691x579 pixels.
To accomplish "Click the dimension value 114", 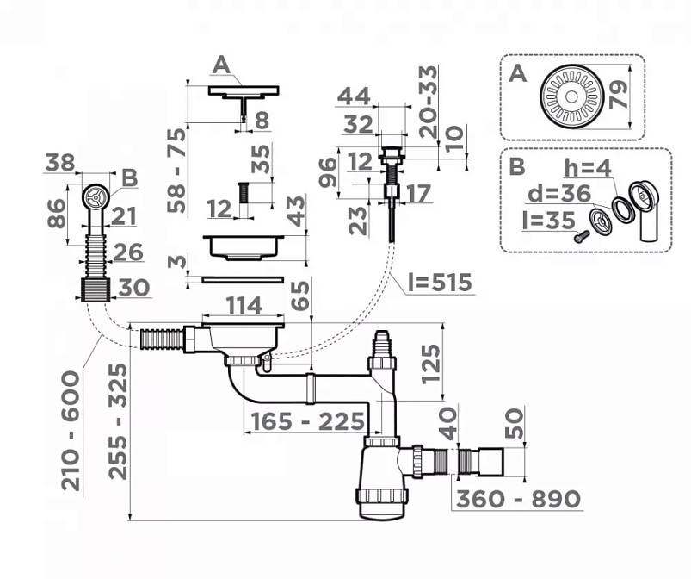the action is pyautogui.click(x=244, y=305).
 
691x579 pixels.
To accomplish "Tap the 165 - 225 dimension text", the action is pyautogui.click(x=307, y=421).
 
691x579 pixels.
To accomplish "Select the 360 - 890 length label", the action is pyautogui.click(x=518, y=499).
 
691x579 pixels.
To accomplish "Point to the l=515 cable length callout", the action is pyautogui.click(x=440, y=282).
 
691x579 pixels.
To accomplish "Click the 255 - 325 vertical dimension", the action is pyautogui.click(x=118, y=421).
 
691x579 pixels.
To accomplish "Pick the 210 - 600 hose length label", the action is pyautogui.click(x=71, y=431).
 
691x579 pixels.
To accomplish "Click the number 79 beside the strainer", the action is pyautogui.click(x=619, y=95).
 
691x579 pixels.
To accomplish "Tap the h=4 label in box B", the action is pyautogui.click(x=588, y=168).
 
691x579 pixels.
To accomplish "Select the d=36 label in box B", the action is pyautogui.click(x=559, y=193).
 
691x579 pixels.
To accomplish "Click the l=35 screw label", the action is pyautogui.click(x=549, y=220).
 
